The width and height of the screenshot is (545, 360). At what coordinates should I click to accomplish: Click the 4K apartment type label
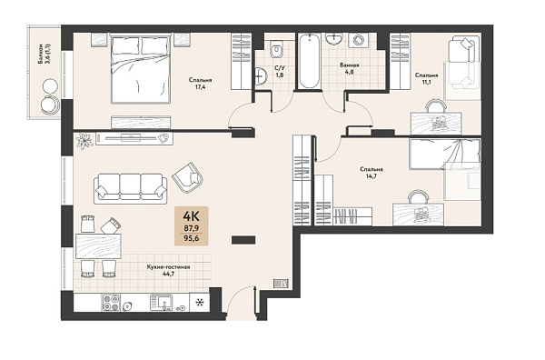[x=191, y=216]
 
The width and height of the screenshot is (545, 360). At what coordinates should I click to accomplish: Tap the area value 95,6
[x=191, y=238]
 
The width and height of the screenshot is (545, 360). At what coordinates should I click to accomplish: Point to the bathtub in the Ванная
[x=309, y=61]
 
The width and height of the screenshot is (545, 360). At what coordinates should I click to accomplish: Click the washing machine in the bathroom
[x=359, y=40]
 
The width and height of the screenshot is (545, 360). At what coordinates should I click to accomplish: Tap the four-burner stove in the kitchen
[x=111, y=302]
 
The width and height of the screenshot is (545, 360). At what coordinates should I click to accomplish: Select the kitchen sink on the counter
[x=161, y=303]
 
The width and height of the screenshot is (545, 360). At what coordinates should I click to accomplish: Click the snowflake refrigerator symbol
[x=200, y=303]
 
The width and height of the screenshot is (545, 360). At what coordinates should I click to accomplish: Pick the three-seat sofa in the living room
[x=130, y=188]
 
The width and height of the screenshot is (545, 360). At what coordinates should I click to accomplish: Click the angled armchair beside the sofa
[x=188, y=178]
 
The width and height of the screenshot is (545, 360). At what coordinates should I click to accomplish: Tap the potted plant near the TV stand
[x=84, y=140]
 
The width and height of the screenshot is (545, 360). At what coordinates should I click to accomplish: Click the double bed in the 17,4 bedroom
[x=141, y=68]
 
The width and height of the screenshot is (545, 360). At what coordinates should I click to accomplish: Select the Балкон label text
[x=41, y=54]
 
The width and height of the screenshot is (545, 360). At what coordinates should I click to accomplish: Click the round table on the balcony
[x=50, y=85]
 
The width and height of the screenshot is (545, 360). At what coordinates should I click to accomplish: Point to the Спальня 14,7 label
[x=372, y=173]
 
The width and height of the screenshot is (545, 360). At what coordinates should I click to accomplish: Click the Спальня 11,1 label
[x=427, y=78]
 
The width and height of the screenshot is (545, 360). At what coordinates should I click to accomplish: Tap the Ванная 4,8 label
[x=350, y=68]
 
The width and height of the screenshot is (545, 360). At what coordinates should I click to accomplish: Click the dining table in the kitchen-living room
[x=98, y=246]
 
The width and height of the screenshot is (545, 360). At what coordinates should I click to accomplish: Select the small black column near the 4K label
[x=243, y=240]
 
